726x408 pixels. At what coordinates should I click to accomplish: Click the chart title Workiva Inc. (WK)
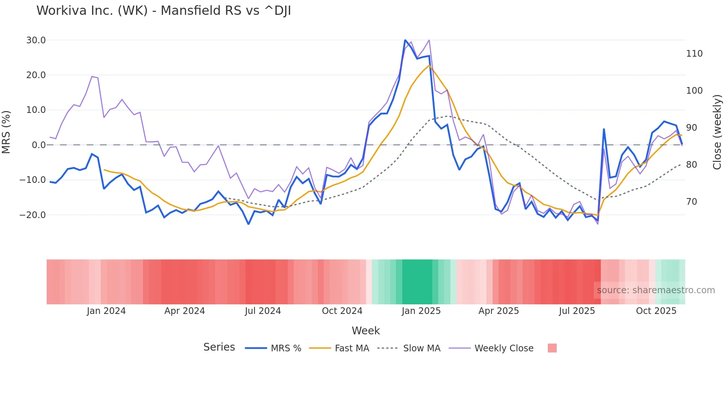point(163,11)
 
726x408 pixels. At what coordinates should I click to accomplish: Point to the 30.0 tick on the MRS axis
point(36,40)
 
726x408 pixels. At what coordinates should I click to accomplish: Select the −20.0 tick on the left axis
point(33,215)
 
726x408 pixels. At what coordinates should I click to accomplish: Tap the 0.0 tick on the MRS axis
point(39,145)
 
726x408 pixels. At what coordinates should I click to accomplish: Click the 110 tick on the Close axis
point(694,54)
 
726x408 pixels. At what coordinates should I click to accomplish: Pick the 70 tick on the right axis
point(692,202)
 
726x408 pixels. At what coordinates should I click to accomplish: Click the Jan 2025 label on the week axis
point(421,311)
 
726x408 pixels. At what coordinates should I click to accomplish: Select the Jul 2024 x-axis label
point(263,311)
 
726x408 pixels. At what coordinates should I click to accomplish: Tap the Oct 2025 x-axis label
point(656,311)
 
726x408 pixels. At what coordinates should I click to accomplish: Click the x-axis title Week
point(366,331)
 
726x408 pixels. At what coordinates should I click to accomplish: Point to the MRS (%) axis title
point(6,132)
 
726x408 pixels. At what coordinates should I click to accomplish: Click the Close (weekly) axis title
point(717,132)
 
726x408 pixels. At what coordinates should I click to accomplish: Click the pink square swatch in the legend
point(552,348)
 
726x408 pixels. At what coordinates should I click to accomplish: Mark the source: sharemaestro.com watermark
point(656,290)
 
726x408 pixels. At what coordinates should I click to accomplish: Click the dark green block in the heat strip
point(417,282)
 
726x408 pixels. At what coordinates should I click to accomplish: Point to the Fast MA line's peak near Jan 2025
point(429,66)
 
